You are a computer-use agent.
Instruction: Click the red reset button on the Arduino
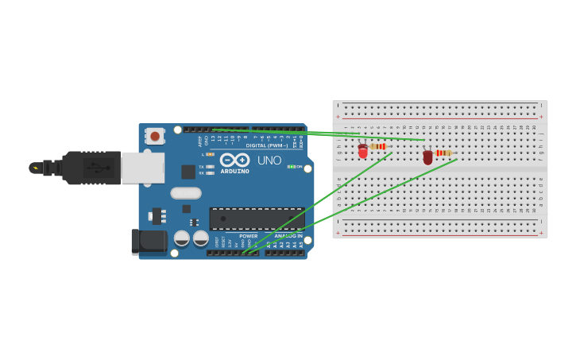point(155,136)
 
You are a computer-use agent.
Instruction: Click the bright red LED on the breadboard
point(363,151)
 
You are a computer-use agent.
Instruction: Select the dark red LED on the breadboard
point(428,157)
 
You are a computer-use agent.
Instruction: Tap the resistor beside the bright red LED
point(378,146)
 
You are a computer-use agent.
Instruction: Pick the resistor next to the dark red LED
point(443,153)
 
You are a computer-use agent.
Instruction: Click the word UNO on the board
point(269,161)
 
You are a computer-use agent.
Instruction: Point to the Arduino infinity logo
point(234,160)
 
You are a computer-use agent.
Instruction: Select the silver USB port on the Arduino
point(143,168)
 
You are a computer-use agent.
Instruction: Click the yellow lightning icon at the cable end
point(35,168)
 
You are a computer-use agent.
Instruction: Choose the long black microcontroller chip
point(257,219)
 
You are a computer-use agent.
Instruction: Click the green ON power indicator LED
point(292,166)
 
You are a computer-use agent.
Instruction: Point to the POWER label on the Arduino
point(249,236)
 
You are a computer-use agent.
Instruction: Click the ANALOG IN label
point(288,236)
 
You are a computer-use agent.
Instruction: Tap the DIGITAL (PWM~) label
point(267,145)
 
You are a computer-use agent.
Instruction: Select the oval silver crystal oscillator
point(186,193)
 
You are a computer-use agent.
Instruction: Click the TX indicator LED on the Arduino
point(210,166)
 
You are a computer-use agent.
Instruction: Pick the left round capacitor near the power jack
point(182,238)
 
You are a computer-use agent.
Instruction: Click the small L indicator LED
point(210,154)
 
